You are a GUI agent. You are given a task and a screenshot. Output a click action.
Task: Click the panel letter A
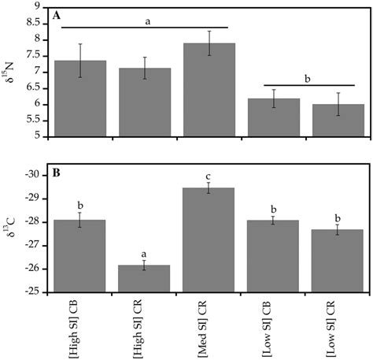pos(57,15)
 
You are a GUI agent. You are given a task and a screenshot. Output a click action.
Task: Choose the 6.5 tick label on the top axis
pos(33,87)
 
